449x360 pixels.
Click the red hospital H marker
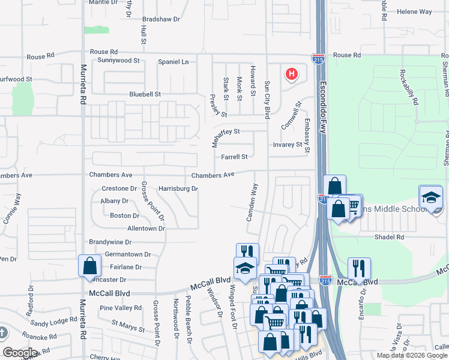coord(292,74)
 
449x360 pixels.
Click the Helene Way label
coord(414,11)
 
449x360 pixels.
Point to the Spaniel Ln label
coord(173,62)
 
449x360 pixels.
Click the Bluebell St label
coord(145,94)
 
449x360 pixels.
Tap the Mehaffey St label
coord(225,135)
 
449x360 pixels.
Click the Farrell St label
coord(234,157)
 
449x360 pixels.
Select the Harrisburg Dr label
coord(178,188)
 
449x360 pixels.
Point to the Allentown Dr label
coord(146,229)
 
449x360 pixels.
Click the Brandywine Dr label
coord(110,242)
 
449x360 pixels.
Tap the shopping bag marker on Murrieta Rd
coord(89,265)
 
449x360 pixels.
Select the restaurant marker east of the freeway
coord(359,268)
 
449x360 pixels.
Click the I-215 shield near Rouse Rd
coord(318,58)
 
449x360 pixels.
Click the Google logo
coord(20,352)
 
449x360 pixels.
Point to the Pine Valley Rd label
coord(119,308)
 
